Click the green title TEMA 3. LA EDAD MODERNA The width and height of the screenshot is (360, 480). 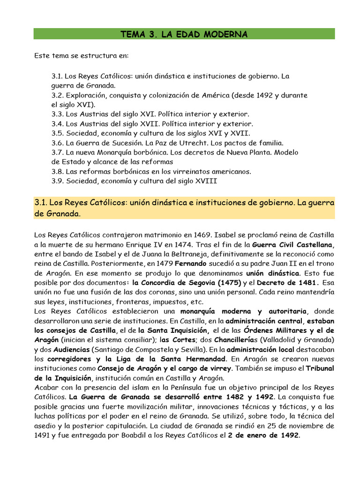[184, 34]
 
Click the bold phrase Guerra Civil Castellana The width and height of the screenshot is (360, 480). [293, 244]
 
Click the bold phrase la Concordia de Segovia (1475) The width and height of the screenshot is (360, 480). [187, 283]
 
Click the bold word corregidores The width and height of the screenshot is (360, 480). [66, 359]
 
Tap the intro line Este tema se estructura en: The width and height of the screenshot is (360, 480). [81, 56]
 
